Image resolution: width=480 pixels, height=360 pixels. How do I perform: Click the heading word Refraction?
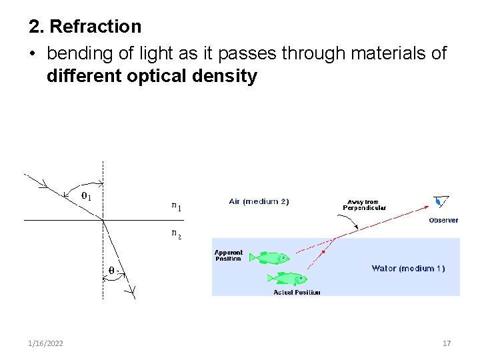[x=95, y=27]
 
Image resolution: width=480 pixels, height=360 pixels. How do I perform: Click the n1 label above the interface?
[x=176, y=207]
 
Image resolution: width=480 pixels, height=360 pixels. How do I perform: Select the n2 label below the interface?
[x=176, y=233]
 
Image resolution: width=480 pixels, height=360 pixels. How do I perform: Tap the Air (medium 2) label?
[x=259, y=201]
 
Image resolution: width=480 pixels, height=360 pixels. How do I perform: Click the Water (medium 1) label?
[x=408, y=269]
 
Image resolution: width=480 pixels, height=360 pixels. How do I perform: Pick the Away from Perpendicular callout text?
[x=364, y=205]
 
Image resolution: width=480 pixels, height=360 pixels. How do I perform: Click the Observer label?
[x=443, y=220]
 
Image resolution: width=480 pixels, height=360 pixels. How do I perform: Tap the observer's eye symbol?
[x=440, y=201]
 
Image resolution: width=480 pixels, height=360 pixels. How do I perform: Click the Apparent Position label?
[x=229, y=256]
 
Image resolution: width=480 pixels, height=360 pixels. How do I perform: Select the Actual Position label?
[x=297, y=292]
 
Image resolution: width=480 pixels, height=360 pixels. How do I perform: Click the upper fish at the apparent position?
[x=273, y=257]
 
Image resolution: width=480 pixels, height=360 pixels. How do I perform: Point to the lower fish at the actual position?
[x=290, y=278]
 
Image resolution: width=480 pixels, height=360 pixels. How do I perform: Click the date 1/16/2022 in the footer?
[x=46, y=343]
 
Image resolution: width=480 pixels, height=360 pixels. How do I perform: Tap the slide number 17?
[x=447, y=343]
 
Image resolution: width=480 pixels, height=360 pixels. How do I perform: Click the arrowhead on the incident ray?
[x=43, y=181]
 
